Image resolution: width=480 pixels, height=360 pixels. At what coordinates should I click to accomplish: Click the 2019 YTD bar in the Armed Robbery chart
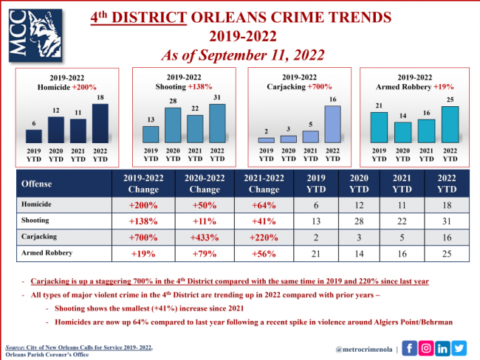click(380, 128)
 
